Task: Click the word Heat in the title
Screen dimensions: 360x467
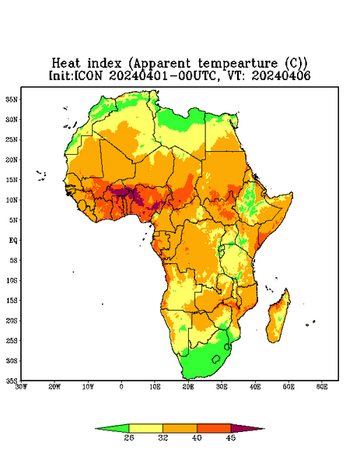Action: [x=66, y=63]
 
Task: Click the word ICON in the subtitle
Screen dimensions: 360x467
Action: [x=88, y=75]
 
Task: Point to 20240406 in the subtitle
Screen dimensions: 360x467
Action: [x=281, y=75]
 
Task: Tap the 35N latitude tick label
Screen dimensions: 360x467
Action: [x=12, y=99]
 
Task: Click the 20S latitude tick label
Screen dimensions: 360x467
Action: [x=12, y=321]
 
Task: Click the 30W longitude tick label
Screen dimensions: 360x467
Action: [x=21, y=387]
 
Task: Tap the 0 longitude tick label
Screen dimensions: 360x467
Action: [x=121, y=387]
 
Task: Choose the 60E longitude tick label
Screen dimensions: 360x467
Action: [x=322, y=387]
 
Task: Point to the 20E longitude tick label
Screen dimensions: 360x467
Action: [x=188, y=387]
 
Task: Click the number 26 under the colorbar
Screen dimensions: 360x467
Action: [x=129, y=437]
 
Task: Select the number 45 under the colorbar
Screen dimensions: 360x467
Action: [x=231, y=437]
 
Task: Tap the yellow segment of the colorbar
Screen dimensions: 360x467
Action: [x=145, y=428]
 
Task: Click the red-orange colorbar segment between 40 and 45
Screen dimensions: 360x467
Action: [x=214, y=428]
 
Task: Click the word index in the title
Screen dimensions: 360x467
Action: [x=104, y=63]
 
